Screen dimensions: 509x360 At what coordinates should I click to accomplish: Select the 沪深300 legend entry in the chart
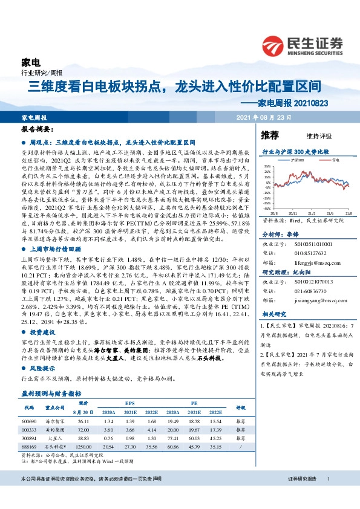[x=296, y=161]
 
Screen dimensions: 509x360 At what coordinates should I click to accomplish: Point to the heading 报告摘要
[x=39, y=130]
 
